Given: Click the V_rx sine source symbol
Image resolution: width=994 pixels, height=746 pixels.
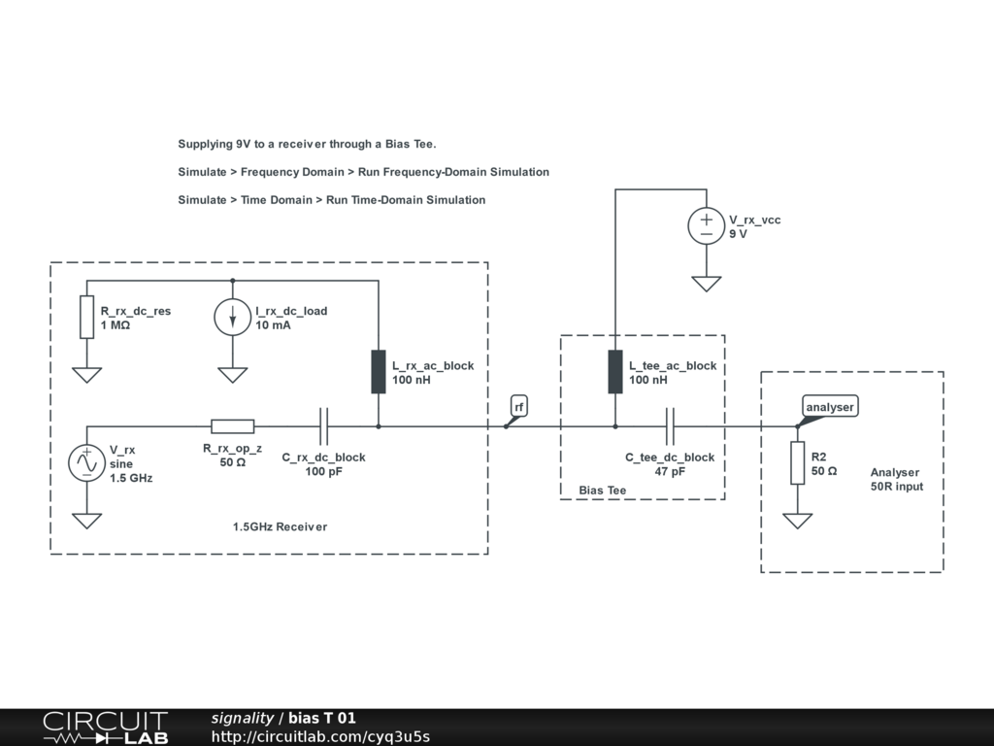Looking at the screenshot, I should tap(86, 463).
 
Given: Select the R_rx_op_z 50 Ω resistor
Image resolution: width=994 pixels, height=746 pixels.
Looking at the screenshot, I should tap(233, 425).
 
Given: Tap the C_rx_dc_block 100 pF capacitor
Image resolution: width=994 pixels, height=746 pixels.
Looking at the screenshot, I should tap(324, 425).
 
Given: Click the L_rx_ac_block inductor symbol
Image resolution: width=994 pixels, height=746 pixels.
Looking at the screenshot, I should tap(379, 372).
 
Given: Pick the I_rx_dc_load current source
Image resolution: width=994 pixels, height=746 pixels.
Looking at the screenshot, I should tap(232, 318).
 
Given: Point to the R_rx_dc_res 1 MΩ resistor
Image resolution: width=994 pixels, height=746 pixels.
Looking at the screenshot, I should tap(87, 318).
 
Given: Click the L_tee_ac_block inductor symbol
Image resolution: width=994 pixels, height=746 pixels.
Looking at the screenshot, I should tap(615, 372).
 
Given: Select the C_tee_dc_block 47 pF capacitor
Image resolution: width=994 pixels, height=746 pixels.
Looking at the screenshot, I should tap(670, 425).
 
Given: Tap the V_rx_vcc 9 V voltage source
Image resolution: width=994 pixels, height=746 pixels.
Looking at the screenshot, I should tap(706, 225).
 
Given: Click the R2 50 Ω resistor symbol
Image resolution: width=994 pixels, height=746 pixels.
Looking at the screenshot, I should tap(798, 462).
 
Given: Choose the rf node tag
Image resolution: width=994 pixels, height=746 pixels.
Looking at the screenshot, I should tap(519, 407).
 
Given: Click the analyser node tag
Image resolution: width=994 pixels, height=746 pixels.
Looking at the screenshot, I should tap(830, 407).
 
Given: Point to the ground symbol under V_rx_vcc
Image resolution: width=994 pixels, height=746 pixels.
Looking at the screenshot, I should tap(706, 284).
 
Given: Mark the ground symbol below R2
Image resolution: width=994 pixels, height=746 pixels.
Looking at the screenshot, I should tap(798, 521).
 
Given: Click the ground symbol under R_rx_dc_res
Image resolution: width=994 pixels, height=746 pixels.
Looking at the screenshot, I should tap(87, 375).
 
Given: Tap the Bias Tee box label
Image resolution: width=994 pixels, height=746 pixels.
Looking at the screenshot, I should tap(603, 491).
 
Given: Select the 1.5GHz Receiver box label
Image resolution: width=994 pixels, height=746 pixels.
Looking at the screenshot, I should tap(280, 526).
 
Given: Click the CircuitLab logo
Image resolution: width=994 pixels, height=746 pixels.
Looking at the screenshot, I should tap(105, 728).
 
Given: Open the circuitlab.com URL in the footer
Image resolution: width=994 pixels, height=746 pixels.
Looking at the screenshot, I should tap(320, 736).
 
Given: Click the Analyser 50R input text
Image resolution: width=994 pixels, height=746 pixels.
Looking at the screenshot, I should tap(896, 479).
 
